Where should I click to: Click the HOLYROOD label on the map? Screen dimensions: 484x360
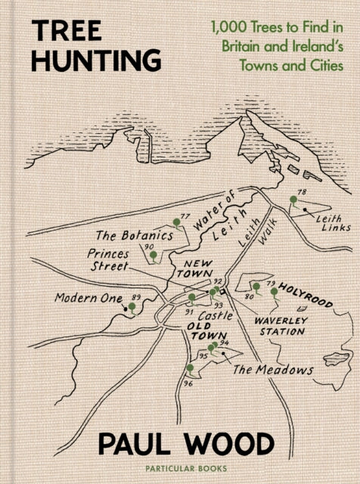point(305,294)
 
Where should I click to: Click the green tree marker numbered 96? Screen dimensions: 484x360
point(189,369)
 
